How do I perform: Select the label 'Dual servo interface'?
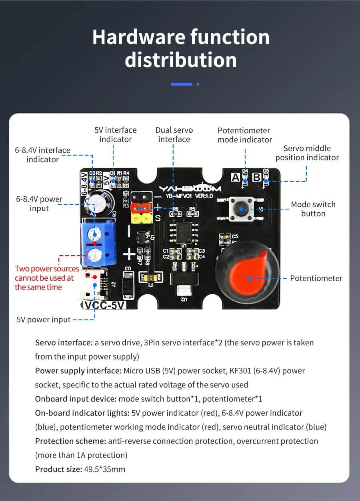point(174,135)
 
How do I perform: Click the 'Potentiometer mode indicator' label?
point(244,135)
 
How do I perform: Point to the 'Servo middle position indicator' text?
point(307,153)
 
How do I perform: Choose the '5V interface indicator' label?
point(115,135)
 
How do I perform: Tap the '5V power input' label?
point(44,319)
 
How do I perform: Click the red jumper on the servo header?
point(141,207)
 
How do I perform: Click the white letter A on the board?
point(236,177)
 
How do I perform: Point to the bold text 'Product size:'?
point(57,469)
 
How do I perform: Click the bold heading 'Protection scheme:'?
point(70,441)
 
